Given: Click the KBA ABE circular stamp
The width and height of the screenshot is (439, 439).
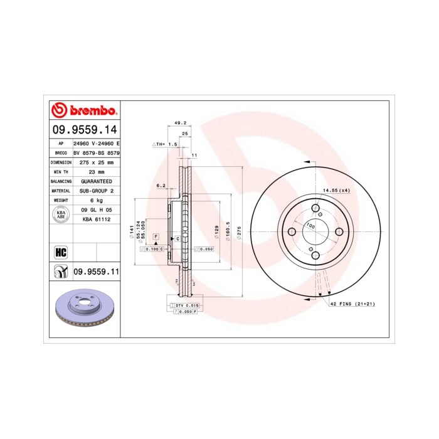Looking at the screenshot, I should pos(61,214).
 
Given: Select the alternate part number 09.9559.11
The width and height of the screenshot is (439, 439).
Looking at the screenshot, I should pos(97,272).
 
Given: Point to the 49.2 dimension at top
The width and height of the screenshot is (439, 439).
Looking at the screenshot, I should pos(180,124).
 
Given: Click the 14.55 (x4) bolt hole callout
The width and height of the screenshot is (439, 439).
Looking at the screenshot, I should pos(336,190).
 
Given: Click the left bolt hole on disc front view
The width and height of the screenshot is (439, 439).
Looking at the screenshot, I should pos(292,233).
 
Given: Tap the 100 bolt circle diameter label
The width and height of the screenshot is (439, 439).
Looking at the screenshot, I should pos(310,225).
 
